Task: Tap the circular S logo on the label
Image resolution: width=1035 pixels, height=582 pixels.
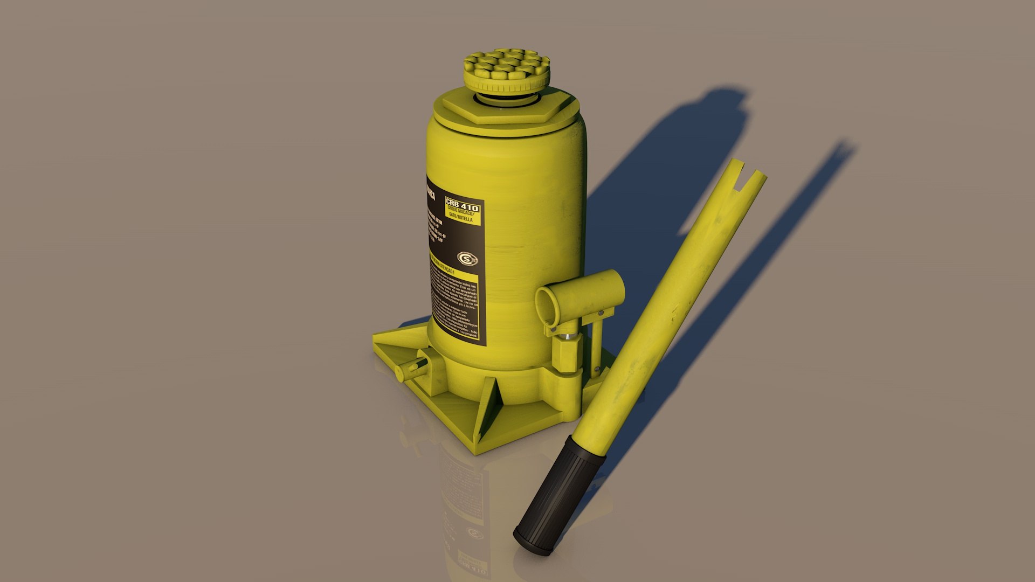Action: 467,259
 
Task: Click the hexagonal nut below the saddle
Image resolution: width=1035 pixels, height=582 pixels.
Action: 507,110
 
